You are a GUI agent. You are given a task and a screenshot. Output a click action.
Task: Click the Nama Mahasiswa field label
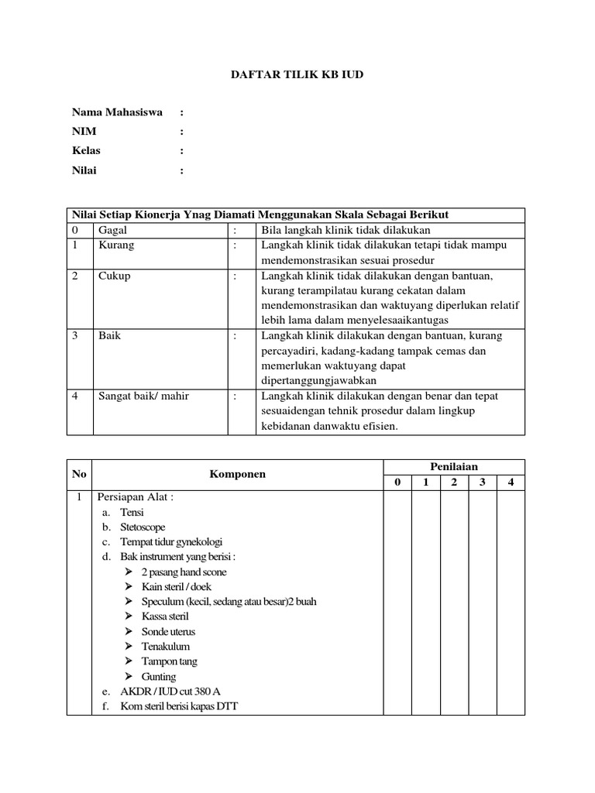(117, 112)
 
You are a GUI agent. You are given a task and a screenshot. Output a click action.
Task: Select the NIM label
(84, 132)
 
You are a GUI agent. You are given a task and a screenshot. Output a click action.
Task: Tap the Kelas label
(86, 151)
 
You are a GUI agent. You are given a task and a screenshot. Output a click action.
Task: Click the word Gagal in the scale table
(112, 230)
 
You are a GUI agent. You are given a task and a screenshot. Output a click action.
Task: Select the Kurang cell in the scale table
(115, 245)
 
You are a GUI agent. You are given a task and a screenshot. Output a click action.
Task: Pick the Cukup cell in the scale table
(114, 276)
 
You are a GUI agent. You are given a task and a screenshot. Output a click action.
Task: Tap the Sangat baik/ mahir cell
(143, 396)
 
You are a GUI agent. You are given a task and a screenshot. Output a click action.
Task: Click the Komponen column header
(237, 474)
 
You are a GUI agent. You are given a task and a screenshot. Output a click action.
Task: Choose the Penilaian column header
(454, 466)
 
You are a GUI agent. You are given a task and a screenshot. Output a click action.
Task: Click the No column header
(79, 474)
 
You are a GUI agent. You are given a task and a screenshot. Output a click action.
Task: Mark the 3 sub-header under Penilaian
(482, 482)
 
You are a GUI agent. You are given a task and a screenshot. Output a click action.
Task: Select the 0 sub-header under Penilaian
(397, 482)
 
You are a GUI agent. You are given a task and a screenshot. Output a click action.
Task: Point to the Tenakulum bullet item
(165, 646)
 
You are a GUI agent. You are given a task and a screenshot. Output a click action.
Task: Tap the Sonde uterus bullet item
(168, 631)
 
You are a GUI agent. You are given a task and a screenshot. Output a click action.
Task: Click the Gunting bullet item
(159, 676)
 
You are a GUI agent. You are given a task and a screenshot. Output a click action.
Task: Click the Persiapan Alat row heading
(135, 497)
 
